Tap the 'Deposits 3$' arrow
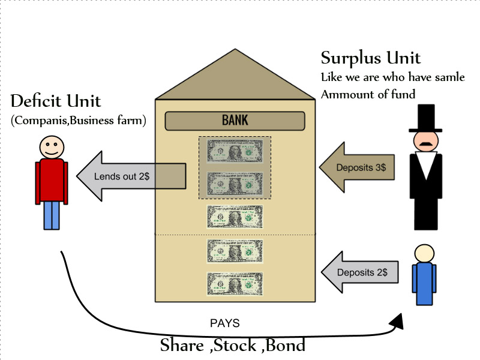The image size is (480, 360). pyautogui.click(x=356, y=167)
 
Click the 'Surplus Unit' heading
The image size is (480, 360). pyautogui.click(x=371, y=58)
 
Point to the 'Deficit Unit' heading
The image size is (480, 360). pyautogui.click(x=56, y=101)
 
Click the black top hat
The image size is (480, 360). pyautogui.click(x=426, y=118)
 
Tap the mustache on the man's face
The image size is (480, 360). pyautogui.click(x=426, y=144)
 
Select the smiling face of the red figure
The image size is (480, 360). pyautogui.click(x=52, y=147)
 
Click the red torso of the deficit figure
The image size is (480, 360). pyautogui.click(x=52, y=180)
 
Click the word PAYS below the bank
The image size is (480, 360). pyautogui.click(x=225, y=323)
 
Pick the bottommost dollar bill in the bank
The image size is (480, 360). pyautogui.click(x=235, y=283)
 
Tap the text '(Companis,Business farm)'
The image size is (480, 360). pyautogui.click(x=79, y=121)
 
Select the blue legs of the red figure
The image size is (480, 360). pyautogui.click(x=52, y=215)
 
